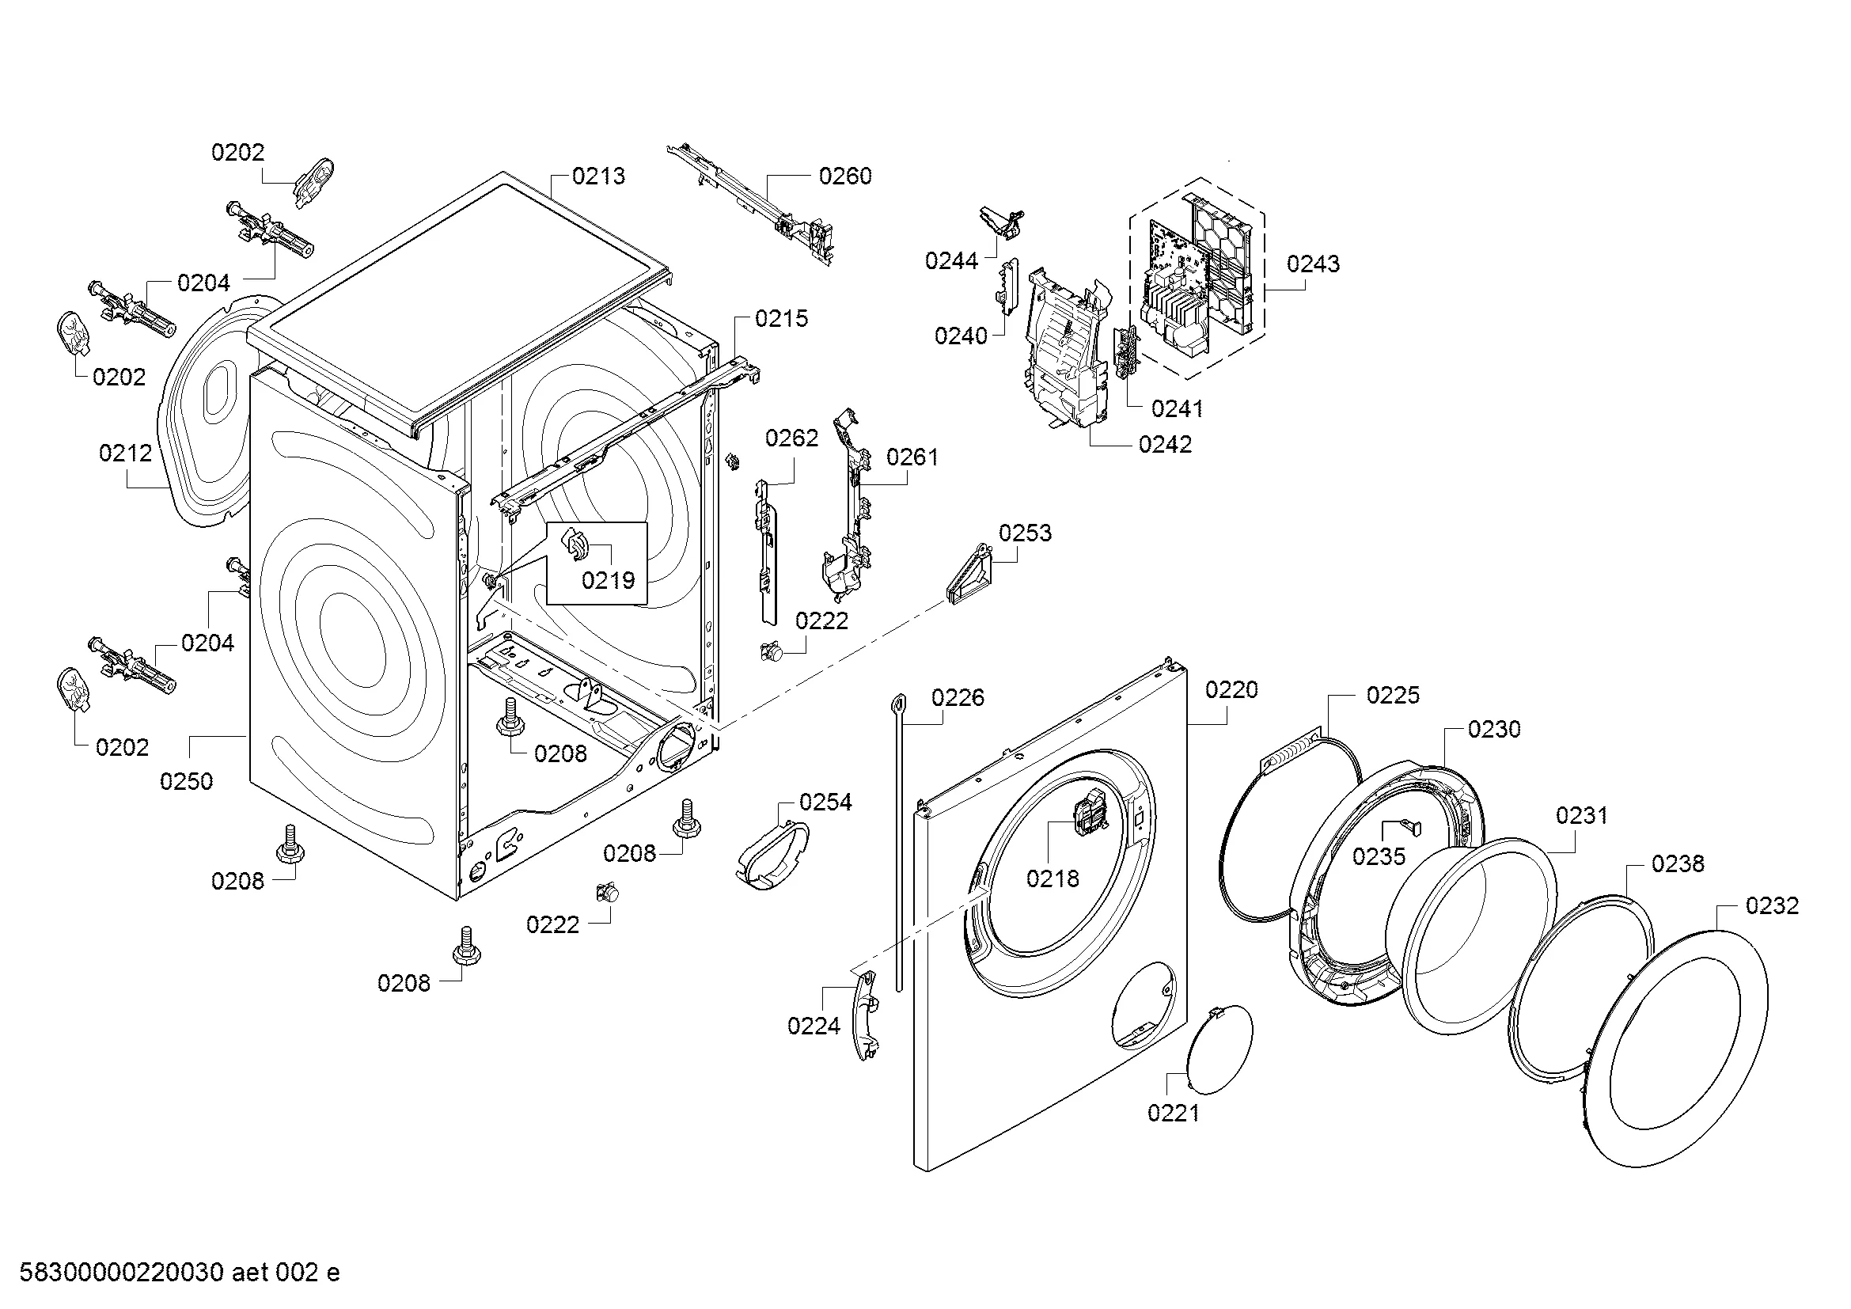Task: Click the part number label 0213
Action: [598, 176]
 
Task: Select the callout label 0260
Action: [845, 176]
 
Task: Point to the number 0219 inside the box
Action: [608, 579]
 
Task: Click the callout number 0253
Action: [1025, 533]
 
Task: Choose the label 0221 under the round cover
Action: [1173, 1114]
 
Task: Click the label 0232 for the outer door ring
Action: [1772, 905]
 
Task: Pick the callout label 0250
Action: [186, 781]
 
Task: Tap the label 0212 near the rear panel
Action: [126, 453]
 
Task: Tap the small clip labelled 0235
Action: [1412, 826]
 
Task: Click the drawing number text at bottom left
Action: [179, 1273]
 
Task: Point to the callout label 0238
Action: [1678, 864]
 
